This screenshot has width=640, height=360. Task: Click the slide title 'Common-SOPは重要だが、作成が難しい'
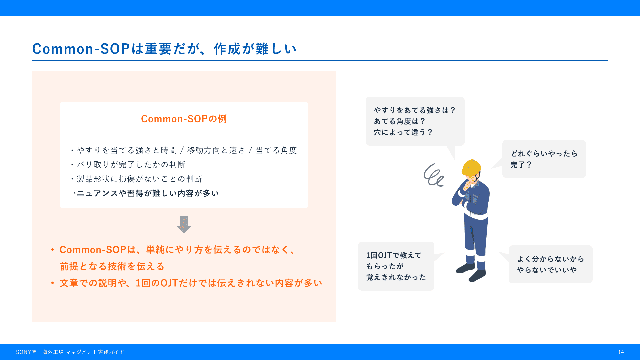click(x=164, y=49)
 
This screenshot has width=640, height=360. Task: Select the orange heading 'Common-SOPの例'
click(x=184, y=119)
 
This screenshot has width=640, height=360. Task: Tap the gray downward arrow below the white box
click(x=184, y=224)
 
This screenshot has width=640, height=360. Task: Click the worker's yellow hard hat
click(x=471, y=168)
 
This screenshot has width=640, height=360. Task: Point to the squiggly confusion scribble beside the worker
click(x=433, y=175)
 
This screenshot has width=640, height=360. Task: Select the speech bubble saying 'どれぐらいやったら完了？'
click(x=544, y=159)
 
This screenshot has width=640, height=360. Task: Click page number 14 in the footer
click(x=621, y=352)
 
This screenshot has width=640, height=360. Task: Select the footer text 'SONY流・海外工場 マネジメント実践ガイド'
click(x=70, y=352)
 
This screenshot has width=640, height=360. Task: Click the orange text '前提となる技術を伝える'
click(x=112, y=266)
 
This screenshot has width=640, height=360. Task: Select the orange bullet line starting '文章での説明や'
click(x=191, y=283)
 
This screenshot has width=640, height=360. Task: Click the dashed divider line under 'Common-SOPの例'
click(x=184, y=135)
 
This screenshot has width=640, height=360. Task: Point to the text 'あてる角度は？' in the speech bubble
click(x=400, y=121)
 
